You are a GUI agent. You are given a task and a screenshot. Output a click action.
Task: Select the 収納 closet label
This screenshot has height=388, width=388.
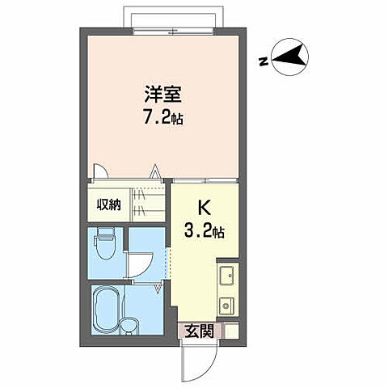pyautogui.click(x=110, y=205)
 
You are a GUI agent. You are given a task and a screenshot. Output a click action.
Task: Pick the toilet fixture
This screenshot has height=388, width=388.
pyautogui.click(x=103, y=241)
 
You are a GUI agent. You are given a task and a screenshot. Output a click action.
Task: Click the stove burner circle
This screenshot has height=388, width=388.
pyautogui.click(x=227, y=306)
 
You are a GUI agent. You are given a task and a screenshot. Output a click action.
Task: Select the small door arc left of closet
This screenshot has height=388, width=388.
pyautogui.click(x=101, y=171)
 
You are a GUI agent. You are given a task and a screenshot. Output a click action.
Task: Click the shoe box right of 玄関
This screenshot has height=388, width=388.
pyautogui.click(x=230, y=330)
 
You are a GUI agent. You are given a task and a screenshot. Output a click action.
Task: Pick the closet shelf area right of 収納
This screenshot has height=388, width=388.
pyautogui.click(x=146, y=205)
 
